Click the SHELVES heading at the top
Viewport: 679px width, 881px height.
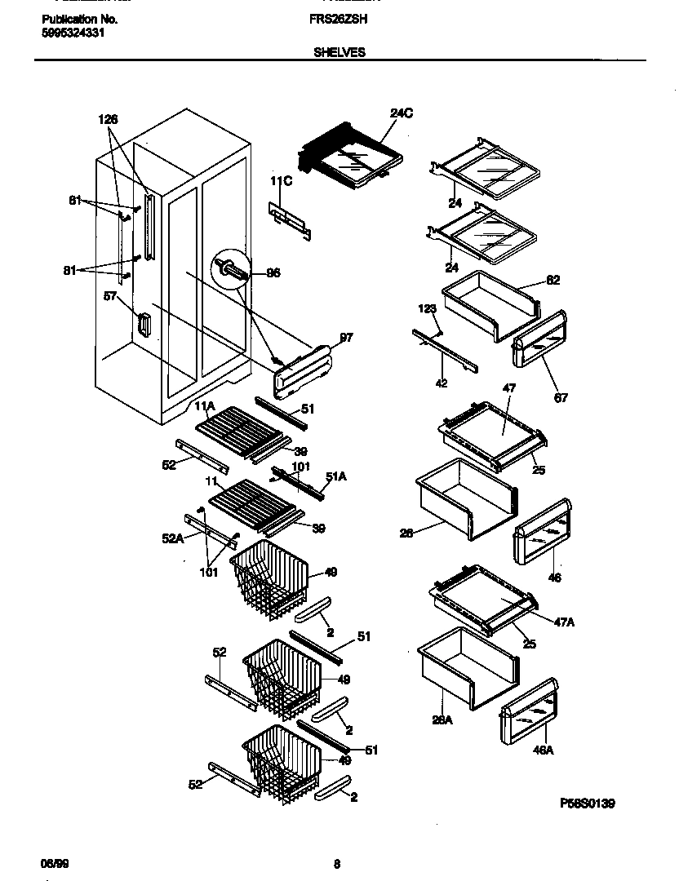339,51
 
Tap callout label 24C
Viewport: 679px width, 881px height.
402,113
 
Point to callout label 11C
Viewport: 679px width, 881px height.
282,181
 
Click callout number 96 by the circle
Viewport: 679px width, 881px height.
273,273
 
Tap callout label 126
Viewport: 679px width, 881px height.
109,119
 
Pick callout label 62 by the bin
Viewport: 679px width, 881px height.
553,281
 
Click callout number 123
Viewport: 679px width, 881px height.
428,309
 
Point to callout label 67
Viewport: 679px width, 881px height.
561,398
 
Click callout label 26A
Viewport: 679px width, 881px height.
442,719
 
